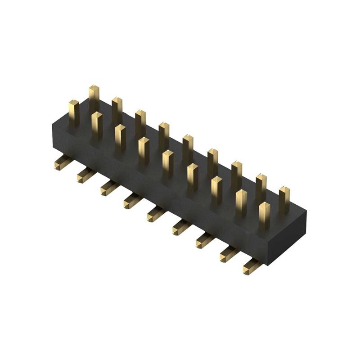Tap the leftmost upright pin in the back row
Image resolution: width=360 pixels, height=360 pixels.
click(x=94, y=97)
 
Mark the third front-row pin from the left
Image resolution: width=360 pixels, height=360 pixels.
click(x=120, y=138)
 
